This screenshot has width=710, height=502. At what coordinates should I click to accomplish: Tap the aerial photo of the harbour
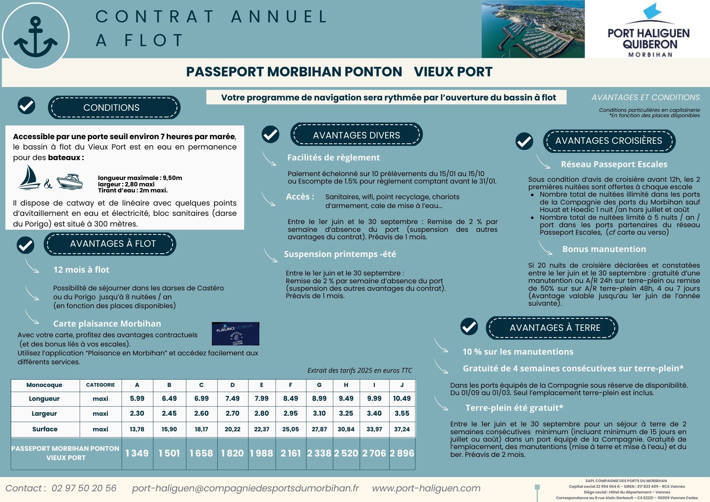[x=533, y=29]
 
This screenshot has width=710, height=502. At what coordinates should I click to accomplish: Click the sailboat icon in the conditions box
[x=29, y=178]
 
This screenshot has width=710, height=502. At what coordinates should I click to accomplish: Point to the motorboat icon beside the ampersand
[x=70, y=181]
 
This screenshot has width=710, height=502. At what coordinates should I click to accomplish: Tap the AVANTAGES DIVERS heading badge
[x=356, y=135]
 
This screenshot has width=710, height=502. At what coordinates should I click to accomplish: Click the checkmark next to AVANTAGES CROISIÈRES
[x=524, y=141]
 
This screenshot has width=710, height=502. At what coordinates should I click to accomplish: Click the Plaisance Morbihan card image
[x=235, y=334]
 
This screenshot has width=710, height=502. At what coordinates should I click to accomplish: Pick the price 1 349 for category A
[x=137, y=453]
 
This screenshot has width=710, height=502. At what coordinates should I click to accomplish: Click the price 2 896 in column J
[x=402, y=453]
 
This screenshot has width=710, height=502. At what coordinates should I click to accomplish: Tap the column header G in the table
[x=319, y=385]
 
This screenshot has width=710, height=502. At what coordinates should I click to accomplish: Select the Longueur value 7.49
[x=233, y=399]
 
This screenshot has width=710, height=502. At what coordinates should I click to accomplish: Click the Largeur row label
[x=44, y=414]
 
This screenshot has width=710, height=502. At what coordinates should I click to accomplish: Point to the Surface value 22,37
[x=262, y=429]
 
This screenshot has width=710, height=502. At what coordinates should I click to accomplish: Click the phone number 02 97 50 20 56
[x=84, y=488]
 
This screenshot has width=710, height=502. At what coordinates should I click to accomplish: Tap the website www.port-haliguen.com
[x=426, y=488]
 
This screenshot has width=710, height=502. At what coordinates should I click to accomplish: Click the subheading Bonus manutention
[x=604, y=249]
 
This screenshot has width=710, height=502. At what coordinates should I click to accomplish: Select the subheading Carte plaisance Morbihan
[x=107, y=324]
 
